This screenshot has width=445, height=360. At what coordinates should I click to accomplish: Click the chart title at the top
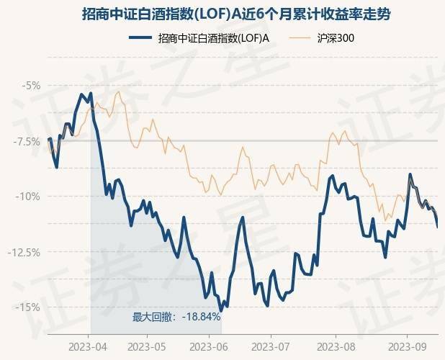(222, 14)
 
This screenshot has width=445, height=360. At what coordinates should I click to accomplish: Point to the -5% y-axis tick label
(32, 86)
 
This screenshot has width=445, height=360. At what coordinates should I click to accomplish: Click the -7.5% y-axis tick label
(28, 141)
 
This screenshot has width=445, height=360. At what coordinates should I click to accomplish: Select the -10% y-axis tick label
(30, 197)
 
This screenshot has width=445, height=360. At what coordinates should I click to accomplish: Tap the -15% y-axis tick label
(30, 307)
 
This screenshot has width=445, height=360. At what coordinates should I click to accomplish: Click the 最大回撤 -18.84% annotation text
(176, 316)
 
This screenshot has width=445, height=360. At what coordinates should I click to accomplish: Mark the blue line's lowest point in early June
(221, 310)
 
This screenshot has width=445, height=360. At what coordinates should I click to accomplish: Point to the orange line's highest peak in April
(118, 91)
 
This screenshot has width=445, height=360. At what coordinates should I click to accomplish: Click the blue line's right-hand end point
(437, 226)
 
